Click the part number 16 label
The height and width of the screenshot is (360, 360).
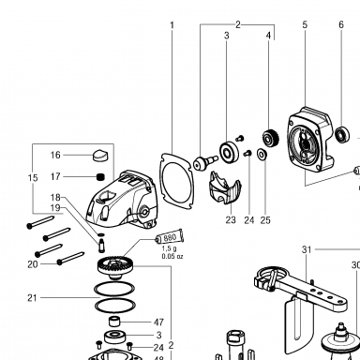point(55,155)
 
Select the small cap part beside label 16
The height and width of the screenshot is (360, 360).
point(100,156)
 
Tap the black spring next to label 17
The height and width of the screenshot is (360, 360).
point(100,177)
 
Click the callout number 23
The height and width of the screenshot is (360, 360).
point(231,220)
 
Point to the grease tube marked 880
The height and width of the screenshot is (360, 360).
point(170,238)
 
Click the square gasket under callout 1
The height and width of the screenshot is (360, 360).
point(175,181)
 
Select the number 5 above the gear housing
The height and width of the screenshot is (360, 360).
point(305,24)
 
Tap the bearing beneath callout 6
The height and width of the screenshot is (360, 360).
point(342,134)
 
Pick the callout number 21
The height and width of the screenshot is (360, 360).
point(32,298)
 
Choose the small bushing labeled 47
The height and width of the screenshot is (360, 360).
point(114,322)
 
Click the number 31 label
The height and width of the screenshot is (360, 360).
point(307,249)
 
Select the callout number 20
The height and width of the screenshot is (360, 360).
point(33,264)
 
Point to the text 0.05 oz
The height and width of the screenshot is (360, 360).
point(172,257)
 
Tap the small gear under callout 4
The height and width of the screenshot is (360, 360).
point(270,138)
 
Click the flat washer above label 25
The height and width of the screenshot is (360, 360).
point(262,154)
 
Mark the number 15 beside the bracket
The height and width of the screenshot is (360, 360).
point(33,178)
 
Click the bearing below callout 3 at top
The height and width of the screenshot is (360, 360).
point(230,153)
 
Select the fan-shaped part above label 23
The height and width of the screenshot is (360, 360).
point(224,187)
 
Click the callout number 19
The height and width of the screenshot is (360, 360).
point(55,208)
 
